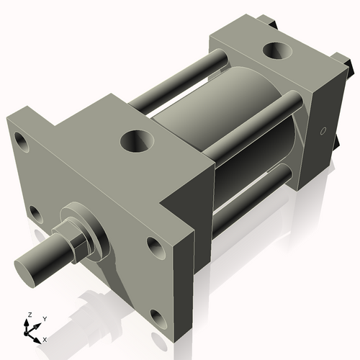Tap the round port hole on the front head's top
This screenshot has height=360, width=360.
tap(135, 140)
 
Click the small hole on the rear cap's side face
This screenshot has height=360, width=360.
tap(323, 132)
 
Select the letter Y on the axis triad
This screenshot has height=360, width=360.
tap(45, 318)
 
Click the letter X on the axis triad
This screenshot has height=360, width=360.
tap(45, 338)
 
